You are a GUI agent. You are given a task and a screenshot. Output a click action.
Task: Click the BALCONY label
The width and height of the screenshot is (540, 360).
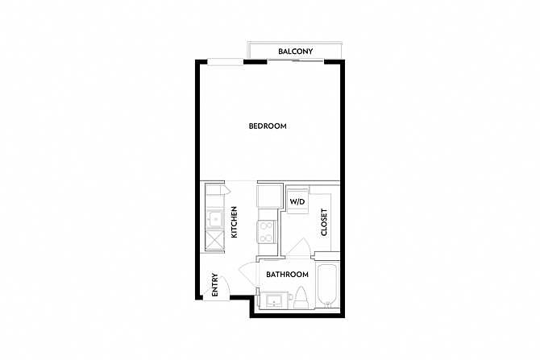pyautogui.click(x=296, y=52)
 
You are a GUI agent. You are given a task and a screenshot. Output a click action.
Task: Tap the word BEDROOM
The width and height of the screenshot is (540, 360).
pyautogui.click(x=268, y=126)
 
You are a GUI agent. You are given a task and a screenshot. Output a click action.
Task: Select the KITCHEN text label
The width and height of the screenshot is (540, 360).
pyautogui.click(x=235, y=222)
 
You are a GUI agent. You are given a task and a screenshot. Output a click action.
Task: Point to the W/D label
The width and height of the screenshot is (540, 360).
pyautogui.click(x=297, y=201)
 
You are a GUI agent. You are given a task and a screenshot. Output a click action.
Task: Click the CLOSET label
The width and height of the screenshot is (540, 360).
pyautogui.click(x=324, y=222)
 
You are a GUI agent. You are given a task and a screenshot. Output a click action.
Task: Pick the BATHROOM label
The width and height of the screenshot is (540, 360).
pyautogui.click(x=287, y=275)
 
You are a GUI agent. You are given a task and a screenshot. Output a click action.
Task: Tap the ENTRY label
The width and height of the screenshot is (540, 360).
pyautogui.click(x=215, y=284)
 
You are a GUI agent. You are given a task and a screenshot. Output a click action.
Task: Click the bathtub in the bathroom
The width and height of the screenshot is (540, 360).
pyautogui.click(x=328, y=287)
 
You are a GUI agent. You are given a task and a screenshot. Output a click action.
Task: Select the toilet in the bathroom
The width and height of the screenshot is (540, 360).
pyautogui.click(x=301, y=298)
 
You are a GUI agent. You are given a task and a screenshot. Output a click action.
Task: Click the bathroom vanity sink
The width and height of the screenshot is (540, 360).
pyautogui.click(x=275, y=300)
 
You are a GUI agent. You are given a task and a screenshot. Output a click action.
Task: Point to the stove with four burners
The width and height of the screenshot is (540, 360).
pyautogui.click(x=267, y=232)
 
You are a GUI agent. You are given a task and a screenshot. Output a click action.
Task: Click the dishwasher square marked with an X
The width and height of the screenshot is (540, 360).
pyautogui.click(x=214, y=240)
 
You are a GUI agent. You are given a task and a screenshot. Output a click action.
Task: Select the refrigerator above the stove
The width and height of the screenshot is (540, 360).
pyautogui.click(x=270, y=196)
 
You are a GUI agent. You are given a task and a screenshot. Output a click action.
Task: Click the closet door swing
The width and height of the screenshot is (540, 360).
pyautogui.click(x=299, y=246)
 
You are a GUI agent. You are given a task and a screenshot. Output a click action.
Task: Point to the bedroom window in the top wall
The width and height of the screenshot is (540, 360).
pyautogui.click(x=226, y=62)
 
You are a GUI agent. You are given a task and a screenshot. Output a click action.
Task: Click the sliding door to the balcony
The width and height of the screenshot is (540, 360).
pyautogui.click(x=296, y=61)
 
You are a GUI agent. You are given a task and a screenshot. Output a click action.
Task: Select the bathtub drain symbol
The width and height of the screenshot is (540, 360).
pyautogui.click(x=328, y=303)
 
